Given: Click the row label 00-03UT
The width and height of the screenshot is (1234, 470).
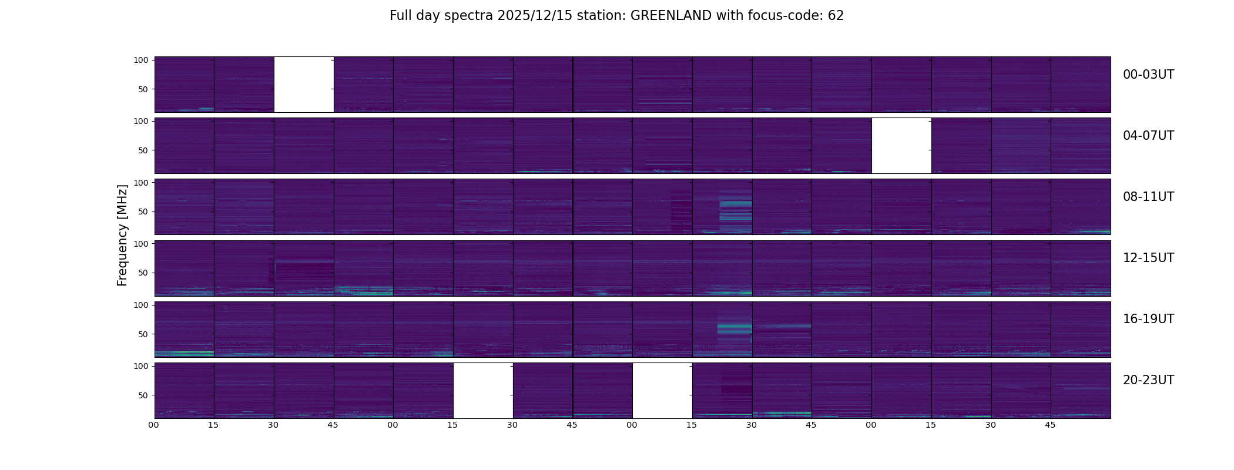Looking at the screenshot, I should tap(1148, 75).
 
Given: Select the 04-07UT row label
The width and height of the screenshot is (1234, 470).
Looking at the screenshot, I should tap(1148, 136).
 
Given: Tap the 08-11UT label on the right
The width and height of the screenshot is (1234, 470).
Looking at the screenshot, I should tap(1148, 197).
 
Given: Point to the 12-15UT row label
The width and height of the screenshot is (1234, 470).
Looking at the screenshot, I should tap(1148, 258).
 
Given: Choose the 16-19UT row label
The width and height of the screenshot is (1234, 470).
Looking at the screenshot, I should tap(1148, 319).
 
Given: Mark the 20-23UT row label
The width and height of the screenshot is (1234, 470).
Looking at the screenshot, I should tap(1148, 380).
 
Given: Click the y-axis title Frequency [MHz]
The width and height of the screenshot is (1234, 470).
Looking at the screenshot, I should tap(122, 235).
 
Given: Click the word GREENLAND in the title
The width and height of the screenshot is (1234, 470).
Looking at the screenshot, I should tap(670, 16).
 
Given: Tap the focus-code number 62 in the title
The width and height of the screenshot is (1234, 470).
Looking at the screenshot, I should tap(836, 16).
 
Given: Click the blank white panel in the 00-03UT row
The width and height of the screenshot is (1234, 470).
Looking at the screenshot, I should tap(304, 84).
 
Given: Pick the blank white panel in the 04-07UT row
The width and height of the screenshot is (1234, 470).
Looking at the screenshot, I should tap(901, 145).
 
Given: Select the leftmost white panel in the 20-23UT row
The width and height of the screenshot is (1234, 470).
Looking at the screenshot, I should tap(483, 390).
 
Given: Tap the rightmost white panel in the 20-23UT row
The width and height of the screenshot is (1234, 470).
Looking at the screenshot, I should tap(662, 390).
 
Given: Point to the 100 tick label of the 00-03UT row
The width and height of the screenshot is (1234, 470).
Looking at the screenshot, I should tap(141, 60).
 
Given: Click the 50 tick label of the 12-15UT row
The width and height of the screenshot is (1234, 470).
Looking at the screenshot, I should tap(143, 273).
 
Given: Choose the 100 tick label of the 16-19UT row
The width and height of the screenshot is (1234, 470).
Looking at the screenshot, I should tap(141, 305).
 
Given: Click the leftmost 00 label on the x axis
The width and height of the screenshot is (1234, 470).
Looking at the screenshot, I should tap(154, 425).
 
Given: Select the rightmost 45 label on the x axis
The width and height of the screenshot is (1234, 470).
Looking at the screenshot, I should tap(1050, 425).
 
